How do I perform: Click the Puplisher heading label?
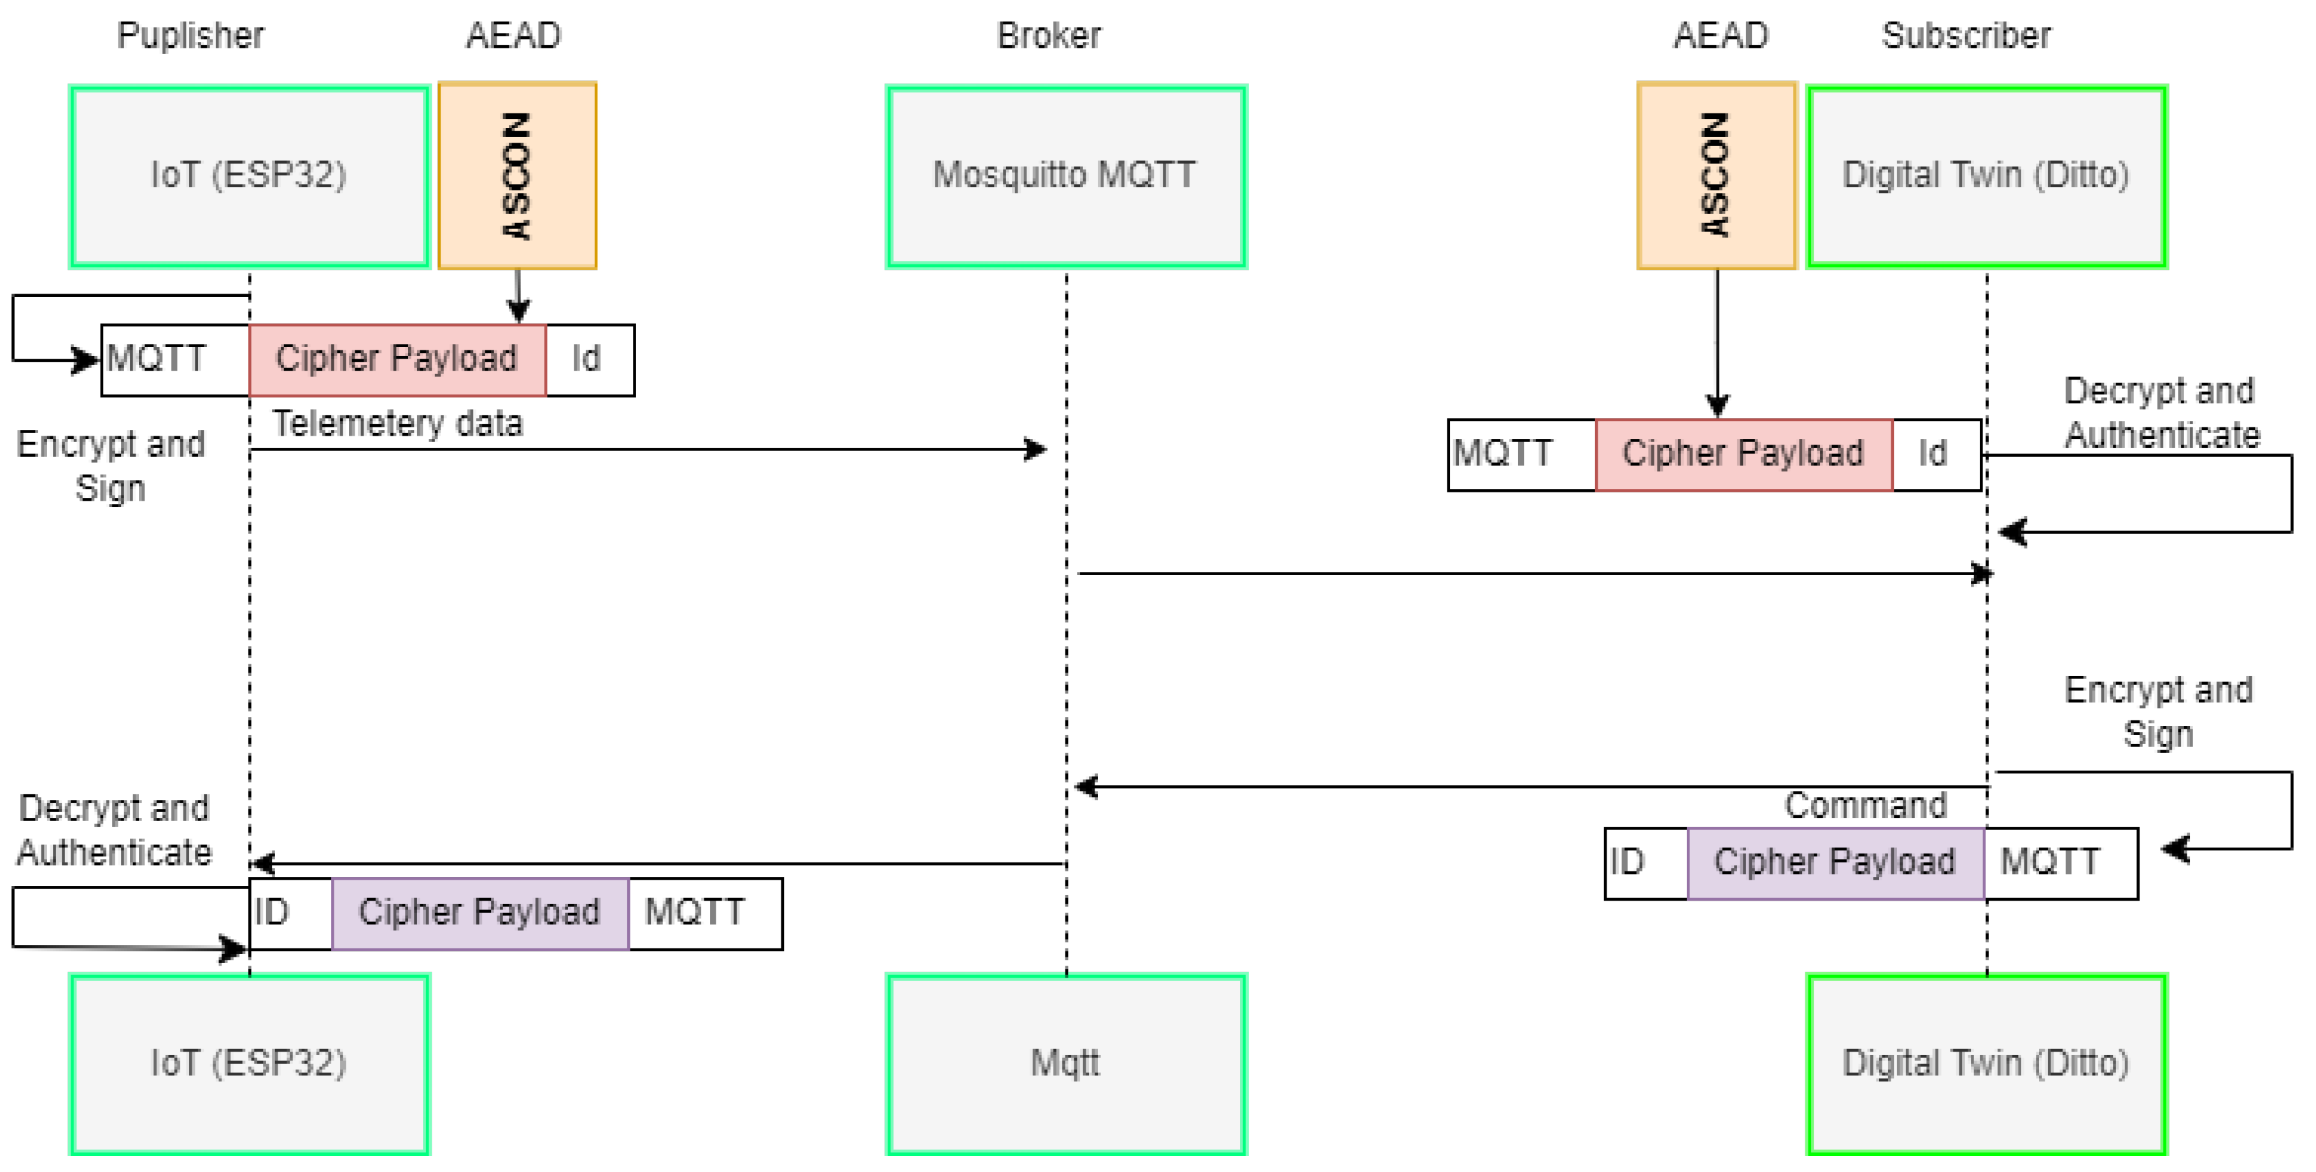tap(190, 35)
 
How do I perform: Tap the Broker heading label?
tap(1048, 35)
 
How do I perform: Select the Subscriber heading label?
tap(1966, 35)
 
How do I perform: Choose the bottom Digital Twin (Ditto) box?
tap(1986, 1064)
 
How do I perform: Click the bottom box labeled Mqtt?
tap(1065, 1064)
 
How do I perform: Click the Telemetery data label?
tap(397, 424)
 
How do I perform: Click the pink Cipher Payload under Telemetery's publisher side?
tap(397, 359)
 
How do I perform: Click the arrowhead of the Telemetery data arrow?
tap(1039, 449)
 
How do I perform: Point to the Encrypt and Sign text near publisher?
tap(111, 466)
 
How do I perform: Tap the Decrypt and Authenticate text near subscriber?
tap(2161, 413)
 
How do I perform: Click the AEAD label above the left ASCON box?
tap(513, 35)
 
